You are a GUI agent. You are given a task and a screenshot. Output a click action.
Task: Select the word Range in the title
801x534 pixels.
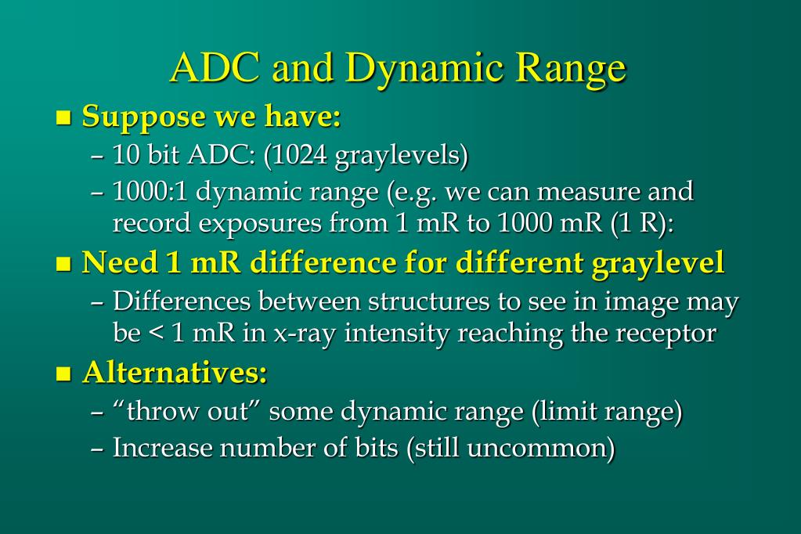point(570,68)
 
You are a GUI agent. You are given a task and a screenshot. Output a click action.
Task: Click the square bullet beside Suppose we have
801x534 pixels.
point(64,119)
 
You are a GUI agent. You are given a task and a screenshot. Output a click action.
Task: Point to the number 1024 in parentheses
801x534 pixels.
point(298,155)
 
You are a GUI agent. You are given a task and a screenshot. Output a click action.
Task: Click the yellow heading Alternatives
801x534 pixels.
point(175,373)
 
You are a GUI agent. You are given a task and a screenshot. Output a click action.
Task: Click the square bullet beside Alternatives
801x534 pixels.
point(64,375)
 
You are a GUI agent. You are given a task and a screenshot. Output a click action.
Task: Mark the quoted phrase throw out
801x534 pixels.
point(187,411)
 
